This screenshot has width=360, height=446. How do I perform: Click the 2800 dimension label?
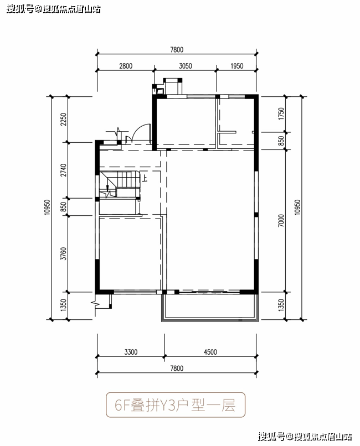pos(126,66)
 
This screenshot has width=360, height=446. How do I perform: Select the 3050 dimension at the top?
pos(186,66)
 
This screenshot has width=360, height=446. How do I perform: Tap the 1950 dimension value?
pos(237,66)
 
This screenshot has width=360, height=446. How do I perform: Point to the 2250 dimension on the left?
pos(64,120)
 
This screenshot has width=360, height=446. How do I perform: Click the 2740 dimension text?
pos(64,170)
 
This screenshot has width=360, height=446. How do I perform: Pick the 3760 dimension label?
pos(64,253)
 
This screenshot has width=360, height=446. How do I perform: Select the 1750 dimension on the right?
pos(281,113)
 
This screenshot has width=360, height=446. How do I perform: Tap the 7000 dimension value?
pos(281,220)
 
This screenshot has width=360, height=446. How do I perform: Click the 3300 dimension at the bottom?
pos(131,352)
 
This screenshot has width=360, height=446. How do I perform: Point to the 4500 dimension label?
pos(210,352)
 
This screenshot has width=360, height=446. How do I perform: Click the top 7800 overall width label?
pos(177,50)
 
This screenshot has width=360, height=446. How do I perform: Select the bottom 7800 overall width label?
pos(177,369)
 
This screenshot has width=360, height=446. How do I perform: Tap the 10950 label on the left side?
pos(47,207)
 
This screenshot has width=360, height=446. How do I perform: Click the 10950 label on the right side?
pos(297,207)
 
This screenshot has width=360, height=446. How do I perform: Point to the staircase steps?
pos(126,179)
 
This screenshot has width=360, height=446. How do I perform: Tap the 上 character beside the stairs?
pos(145,178)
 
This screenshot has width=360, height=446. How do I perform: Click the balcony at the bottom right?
pos(210,307)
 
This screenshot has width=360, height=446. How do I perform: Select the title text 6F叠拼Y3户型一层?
pos(175,405)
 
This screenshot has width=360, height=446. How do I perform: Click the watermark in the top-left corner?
pos(54,9)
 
